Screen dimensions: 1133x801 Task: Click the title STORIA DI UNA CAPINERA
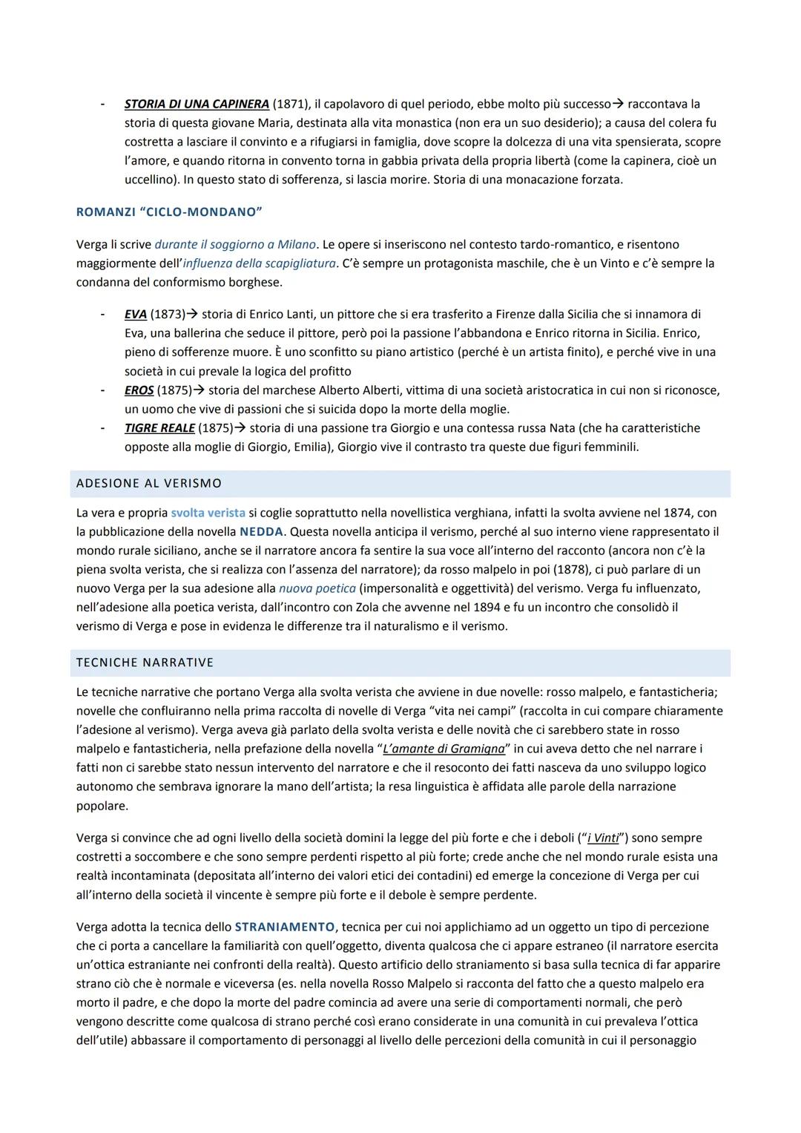pos(197,104)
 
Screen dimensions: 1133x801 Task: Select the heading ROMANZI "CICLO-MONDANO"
pos(169,212)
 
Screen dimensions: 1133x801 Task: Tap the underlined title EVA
pos(135,314)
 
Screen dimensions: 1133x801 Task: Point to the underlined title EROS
pos(139,390)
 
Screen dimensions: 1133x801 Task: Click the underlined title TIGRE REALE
pos(159,428)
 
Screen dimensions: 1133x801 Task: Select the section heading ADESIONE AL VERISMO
pos(149,484)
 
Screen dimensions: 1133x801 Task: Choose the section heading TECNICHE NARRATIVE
pos(145,663)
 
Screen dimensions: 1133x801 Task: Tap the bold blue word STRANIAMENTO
pos(285,927)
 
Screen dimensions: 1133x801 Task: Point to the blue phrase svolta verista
pos(208,513)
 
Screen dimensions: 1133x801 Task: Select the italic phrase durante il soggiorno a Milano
pos(235,244)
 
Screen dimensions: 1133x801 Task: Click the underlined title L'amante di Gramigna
pos(444,749)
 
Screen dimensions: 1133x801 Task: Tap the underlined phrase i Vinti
pos(603,838)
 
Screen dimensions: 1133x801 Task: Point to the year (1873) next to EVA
pos(168,314)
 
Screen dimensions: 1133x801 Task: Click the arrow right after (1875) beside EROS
pos(199,390)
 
